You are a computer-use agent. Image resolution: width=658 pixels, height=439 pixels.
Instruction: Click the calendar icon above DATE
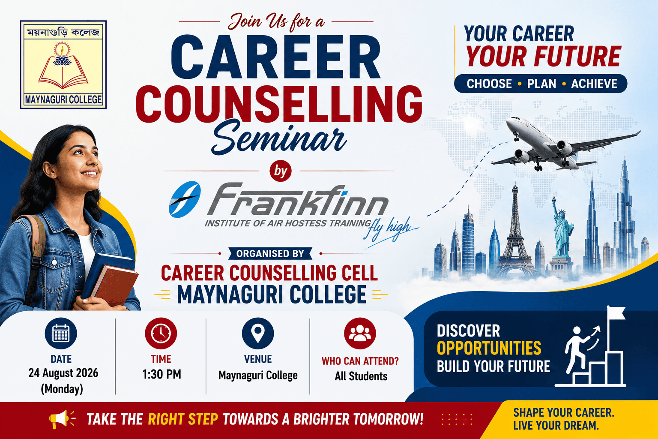coord(61,333)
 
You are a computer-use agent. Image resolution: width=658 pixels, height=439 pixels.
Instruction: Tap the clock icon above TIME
coord(161,333)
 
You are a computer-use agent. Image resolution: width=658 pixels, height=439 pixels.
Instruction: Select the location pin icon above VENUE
coord(258,333)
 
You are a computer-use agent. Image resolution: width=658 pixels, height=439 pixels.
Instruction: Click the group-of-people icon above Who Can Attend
coord(360,333)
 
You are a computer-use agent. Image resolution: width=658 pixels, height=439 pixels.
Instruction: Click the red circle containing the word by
coord(281,171)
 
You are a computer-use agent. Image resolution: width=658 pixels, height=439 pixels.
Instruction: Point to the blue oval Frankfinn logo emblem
coord(185,199)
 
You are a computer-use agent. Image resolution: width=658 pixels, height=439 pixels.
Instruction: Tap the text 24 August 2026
coord(63,373)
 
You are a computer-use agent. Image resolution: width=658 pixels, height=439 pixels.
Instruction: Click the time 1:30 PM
coord(162,374)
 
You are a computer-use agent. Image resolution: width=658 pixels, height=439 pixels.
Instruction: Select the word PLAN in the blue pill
coord(541,84)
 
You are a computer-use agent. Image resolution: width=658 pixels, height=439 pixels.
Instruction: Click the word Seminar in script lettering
coord(278,138)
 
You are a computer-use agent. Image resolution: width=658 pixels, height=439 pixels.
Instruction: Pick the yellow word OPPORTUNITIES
coord(489,348)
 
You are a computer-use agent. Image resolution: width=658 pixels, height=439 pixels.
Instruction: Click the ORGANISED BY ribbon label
coord(270,253)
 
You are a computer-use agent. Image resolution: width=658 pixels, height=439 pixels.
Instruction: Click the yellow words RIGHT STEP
coord(183,419)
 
